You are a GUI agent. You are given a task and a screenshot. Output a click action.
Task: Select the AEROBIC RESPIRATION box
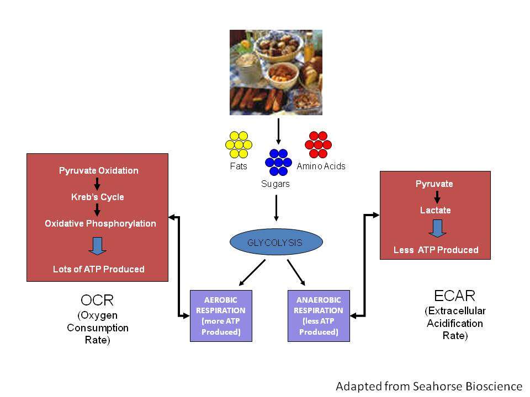point(221,315)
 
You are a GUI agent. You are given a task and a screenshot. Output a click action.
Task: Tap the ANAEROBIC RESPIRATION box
point(319,315)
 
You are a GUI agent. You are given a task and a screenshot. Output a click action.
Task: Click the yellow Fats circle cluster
point(239,144)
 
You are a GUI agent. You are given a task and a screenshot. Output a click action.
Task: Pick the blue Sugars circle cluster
point(278,162)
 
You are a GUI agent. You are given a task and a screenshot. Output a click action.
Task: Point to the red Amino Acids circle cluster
point(318,144)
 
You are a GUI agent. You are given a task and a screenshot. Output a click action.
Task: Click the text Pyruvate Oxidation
point(99,170)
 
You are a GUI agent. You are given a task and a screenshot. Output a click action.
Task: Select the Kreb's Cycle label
point(97,197)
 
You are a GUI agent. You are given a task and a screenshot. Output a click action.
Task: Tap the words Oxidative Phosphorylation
point(100,223)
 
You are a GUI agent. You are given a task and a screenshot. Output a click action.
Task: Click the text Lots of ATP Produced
point(99,269)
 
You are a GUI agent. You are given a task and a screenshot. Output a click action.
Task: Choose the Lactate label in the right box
point(436,210)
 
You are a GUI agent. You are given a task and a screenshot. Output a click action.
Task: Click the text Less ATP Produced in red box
point(436,250)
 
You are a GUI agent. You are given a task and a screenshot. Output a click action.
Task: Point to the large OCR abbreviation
point(97,301)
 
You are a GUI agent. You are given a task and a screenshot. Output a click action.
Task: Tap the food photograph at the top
point(275,72)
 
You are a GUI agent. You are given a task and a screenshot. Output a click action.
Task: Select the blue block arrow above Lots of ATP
point(97,245)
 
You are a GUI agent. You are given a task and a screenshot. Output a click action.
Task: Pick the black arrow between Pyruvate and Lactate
point(436,197)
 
